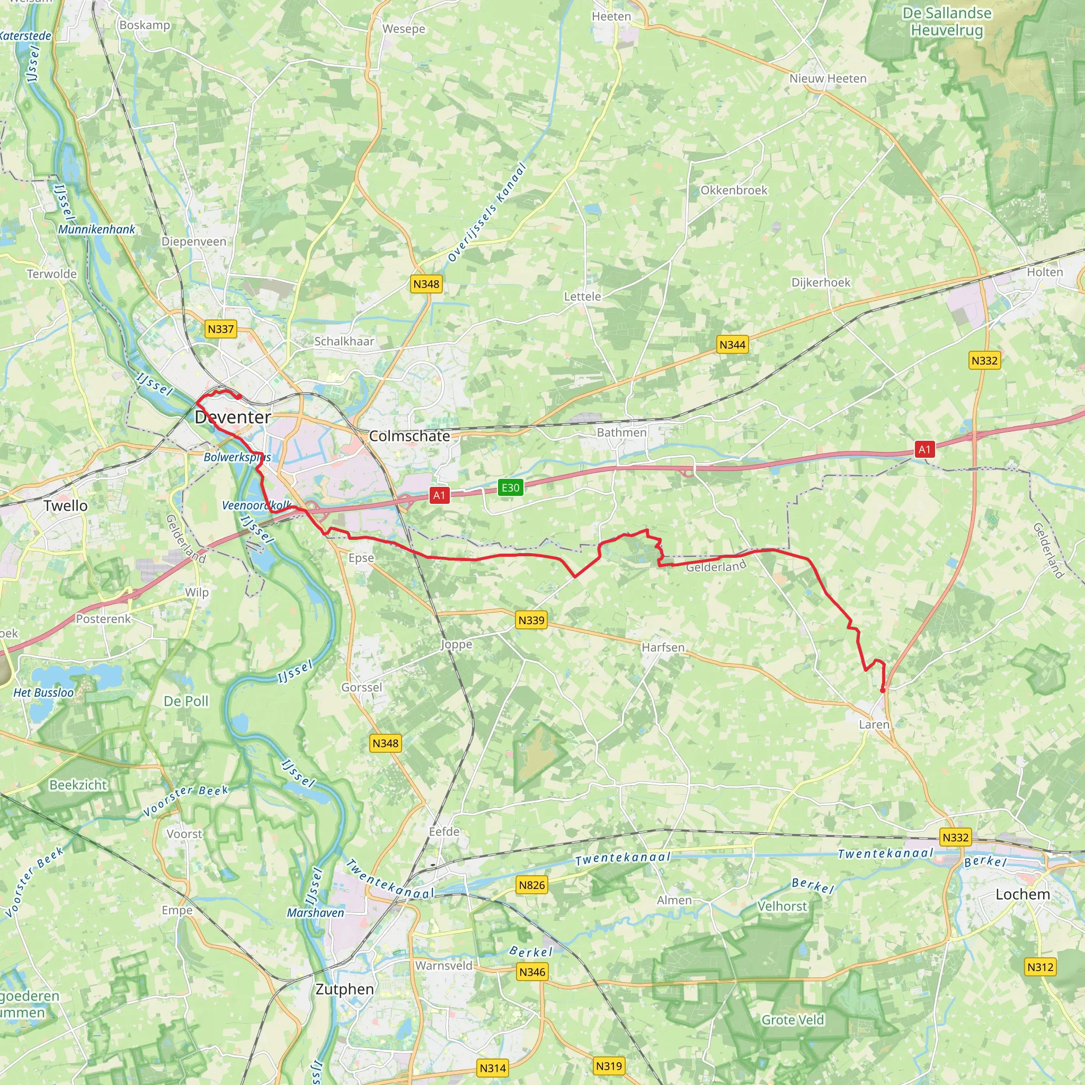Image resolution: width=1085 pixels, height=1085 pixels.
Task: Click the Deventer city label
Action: [x=233, y=417]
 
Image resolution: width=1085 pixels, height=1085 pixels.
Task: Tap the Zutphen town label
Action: [x=344, y=989]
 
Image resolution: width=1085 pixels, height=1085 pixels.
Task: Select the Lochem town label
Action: [x=1022, y=894]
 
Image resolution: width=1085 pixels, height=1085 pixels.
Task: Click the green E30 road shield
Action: [x=510, y=487]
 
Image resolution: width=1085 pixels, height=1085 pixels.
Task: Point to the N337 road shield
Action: [x=220, y=329]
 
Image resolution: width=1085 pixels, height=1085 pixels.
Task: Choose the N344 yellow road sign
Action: [x=732, y=345]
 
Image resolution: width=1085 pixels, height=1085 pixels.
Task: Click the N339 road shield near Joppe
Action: [x=531, y=620]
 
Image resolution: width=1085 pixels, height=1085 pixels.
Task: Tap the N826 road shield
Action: [x=531, y=885]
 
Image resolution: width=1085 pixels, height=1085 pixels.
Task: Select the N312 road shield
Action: [x=1040, y=967]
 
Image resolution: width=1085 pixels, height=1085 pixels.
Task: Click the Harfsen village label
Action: [x=663, y=647]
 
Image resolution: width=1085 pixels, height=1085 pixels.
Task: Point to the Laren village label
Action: [x=874, y=724]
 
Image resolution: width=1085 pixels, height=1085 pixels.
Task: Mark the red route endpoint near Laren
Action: [x=882, y=690]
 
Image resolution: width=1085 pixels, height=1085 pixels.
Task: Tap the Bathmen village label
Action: [x=621, y=432]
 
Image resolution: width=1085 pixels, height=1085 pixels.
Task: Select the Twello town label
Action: [x=66, y=505]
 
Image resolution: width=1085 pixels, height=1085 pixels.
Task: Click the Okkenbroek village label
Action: [x=733, y=190]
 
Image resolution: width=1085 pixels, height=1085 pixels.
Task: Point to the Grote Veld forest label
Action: [x=793, y=1020]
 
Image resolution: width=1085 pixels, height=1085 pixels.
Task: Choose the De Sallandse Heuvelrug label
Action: [x=947, y=21]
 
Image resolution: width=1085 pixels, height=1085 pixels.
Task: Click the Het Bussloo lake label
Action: [x=43, y=693]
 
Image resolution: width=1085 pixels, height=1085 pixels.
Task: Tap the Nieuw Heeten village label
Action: [x=828, y=78]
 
